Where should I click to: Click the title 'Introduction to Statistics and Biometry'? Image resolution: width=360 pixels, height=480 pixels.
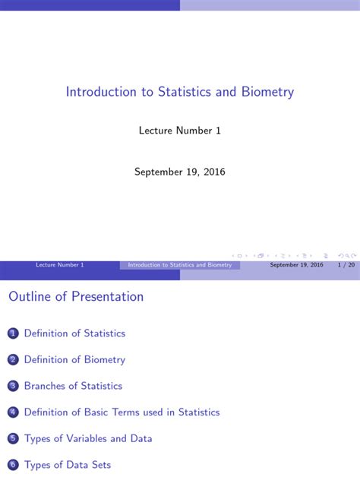[180, 92]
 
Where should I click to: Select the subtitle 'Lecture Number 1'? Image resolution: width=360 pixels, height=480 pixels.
[180, 131]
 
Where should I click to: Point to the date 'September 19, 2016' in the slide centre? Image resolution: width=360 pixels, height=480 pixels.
[180, 172]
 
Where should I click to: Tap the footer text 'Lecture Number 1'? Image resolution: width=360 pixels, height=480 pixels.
[60, 265]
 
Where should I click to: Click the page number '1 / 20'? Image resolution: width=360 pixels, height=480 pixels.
[346, 265]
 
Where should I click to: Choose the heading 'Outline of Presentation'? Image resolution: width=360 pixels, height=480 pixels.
[76, 297]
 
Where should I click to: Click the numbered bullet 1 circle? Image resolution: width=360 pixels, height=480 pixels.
[12, 333]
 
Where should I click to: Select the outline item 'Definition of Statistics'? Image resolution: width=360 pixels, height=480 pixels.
[74, 333]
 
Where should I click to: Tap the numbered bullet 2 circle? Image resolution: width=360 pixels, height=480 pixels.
[12, 360]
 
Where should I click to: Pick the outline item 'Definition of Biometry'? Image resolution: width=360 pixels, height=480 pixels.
[74, 360]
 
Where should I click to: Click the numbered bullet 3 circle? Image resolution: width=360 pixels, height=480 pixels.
[12, 387]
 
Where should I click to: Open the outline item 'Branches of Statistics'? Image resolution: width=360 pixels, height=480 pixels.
[73, 387]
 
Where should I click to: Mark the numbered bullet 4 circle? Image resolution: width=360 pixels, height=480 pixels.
[12, 412]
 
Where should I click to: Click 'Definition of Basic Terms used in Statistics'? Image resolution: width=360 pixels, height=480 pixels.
[122, 412]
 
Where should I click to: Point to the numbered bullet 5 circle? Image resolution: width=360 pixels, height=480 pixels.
[12, 439]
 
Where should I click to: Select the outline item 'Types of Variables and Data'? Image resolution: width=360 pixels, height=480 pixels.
[88, 439]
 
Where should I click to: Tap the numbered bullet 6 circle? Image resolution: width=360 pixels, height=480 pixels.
[12, 465]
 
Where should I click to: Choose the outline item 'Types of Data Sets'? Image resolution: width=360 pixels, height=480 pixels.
[68, 465]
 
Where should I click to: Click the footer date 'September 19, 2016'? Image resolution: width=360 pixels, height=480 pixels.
[296, 265]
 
